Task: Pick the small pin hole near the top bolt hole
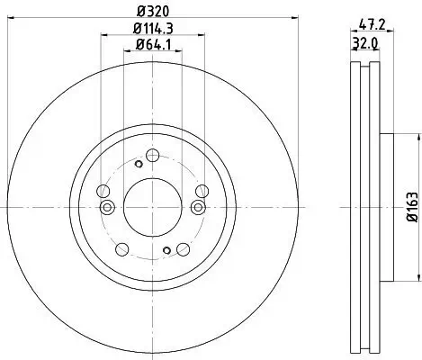point(138,164)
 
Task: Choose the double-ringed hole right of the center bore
point(195,208)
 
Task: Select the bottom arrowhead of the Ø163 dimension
point(418,277)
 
